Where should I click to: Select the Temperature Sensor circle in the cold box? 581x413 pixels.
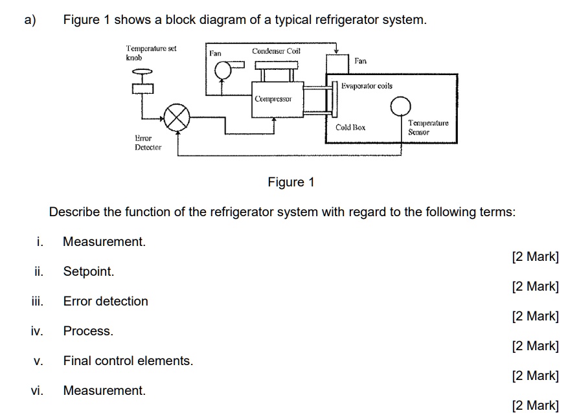point(401,106)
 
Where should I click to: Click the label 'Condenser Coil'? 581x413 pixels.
point(276,50)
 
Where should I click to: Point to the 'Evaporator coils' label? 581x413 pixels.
point(367,86)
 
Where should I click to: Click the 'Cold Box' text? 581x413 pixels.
point(350,128)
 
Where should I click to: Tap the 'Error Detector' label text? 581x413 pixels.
point(148,142)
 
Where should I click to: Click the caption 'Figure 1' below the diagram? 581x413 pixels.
point(291,182)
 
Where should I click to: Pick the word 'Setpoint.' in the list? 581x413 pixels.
point(89,271)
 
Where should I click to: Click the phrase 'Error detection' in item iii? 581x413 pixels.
point(106,301)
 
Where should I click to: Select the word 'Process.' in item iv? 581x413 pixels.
point(88,331)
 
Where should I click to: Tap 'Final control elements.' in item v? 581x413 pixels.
point(128,361)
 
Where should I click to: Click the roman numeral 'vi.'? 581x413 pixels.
point(37,390)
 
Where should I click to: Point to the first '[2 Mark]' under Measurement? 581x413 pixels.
point(534,256)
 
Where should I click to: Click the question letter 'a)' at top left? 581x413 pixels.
point(30,20)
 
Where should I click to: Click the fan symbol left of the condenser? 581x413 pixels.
point(223,69)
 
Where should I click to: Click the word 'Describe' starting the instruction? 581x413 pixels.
point(74,212)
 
